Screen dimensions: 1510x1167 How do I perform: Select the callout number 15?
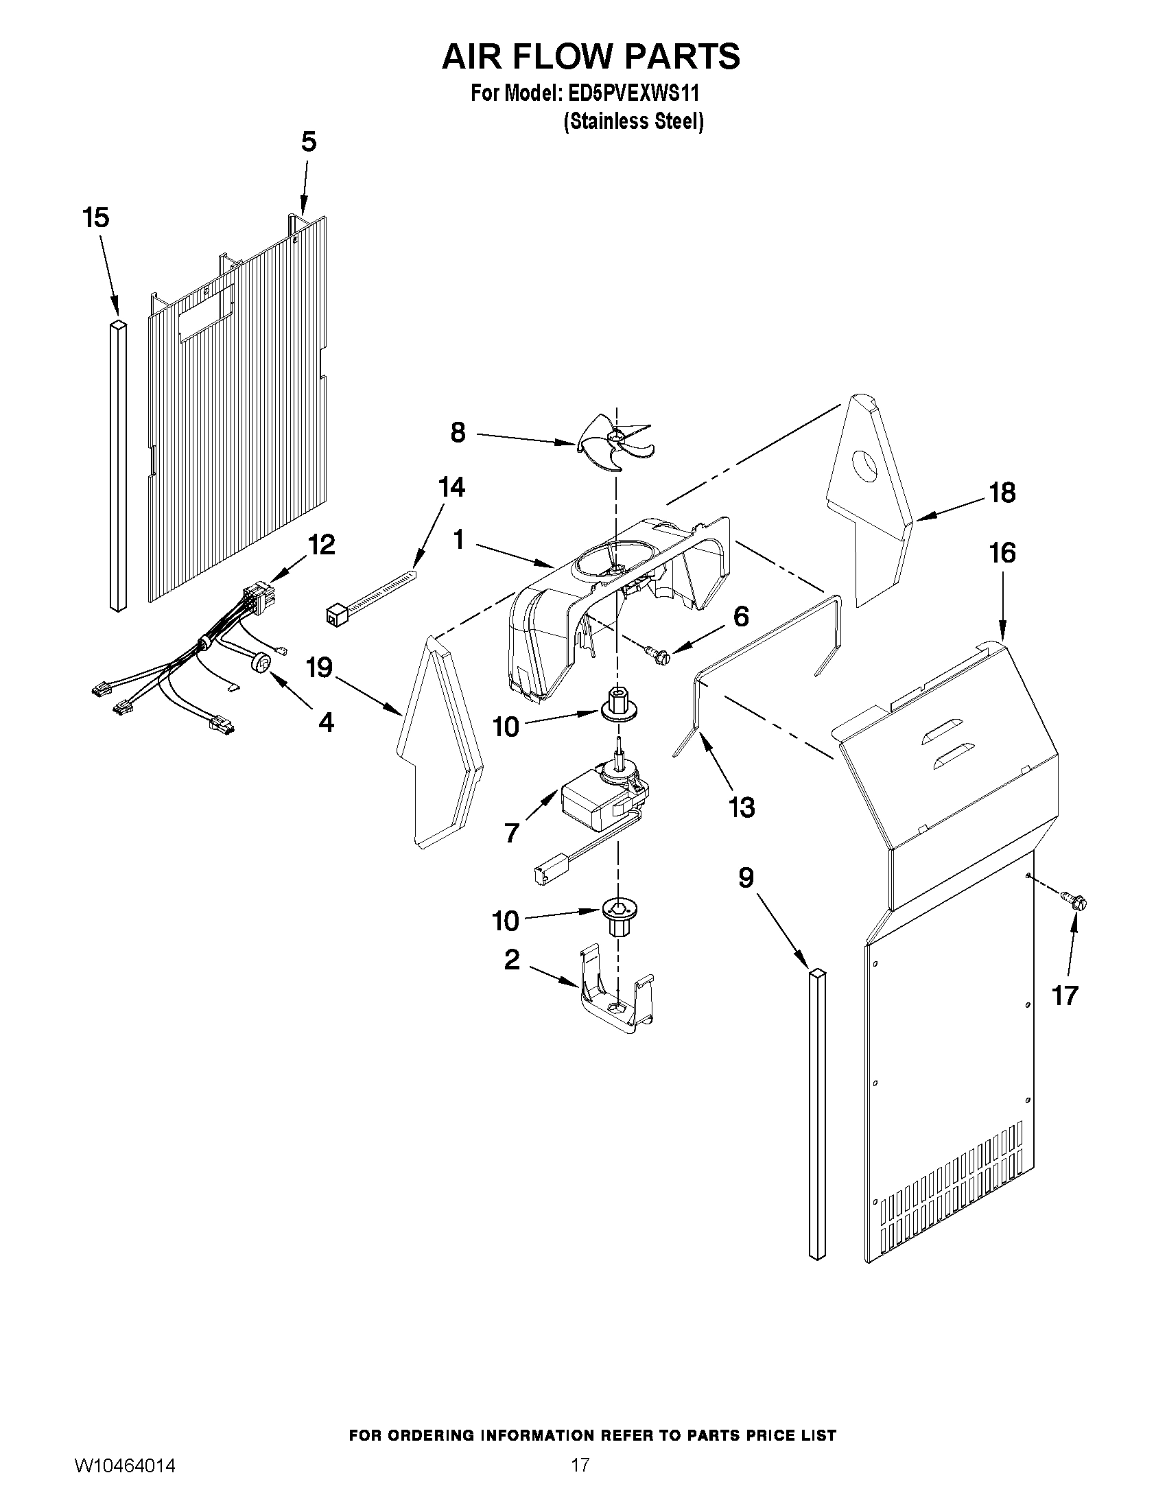point(95,217)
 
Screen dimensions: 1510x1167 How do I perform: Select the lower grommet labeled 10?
point(617,916)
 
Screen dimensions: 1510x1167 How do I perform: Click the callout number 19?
point(320,668)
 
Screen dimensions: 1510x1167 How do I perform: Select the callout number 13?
point(742,807)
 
